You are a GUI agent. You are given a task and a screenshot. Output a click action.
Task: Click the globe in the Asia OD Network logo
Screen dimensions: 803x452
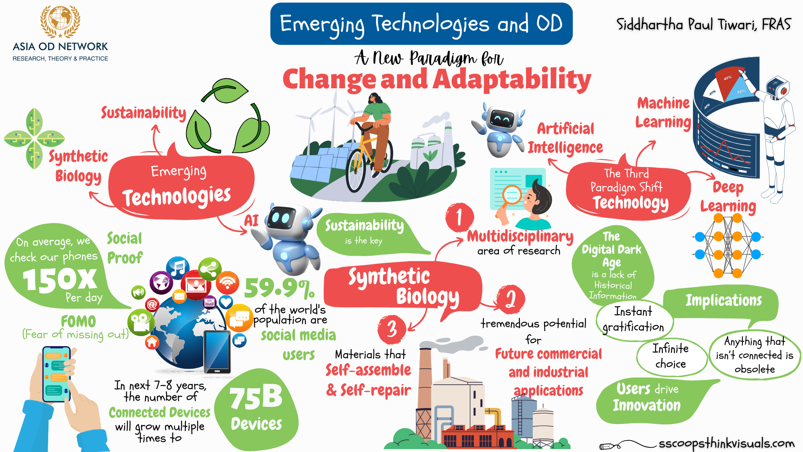click(x=60, y=19)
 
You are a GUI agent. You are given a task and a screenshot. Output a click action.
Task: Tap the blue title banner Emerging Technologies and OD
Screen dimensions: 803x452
click(x=421, y=24)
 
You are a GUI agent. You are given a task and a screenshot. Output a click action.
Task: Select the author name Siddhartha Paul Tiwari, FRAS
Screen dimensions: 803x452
click(x=703, y=24)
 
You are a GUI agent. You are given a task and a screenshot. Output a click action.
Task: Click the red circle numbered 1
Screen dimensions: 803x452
click(x=460, y=217)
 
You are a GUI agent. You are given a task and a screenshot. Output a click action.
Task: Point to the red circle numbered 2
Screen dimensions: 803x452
click(x=510, y=299)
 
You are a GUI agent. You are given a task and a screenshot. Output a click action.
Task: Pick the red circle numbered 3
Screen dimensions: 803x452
click(x=391, y=329)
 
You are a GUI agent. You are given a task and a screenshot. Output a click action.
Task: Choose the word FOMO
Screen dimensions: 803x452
click(x=78, y=321)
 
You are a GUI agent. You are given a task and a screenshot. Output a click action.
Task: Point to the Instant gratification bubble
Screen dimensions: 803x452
click(x=634, y=320)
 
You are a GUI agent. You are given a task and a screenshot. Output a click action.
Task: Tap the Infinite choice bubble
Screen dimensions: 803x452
click(x=670, y=356)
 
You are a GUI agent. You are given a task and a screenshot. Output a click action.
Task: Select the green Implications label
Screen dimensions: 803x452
click(x=723, y=300)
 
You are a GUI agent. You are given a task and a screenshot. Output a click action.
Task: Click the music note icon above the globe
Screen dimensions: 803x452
click(x=178, y=267)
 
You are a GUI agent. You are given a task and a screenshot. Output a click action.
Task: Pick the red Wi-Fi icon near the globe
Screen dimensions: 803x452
click(x=227, y=282)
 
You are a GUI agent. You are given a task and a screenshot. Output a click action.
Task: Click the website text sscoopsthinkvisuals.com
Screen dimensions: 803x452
click(x=726, y=443)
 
